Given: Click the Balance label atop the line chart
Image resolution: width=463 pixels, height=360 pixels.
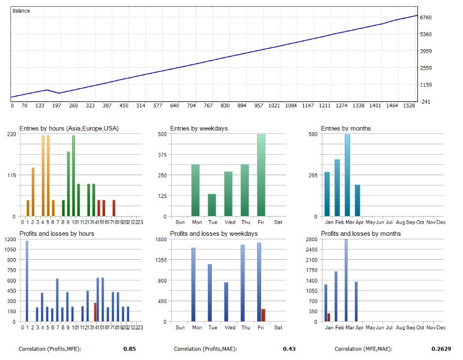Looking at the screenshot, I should tap(22, 11).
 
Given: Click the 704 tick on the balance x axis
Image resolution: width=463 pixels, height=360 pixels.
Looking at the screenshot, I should tap(192, 106).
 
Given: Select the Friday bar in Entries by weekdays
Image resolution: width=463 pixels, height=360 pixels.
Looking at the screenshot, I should tap(261, 175).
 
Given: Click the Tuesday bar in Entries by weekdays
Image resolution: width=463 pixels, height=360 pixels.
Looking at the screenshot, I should tap(211, 205).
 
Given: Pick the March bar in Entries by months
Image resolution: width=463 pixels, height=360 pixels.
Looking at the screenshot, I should tap(347, 175).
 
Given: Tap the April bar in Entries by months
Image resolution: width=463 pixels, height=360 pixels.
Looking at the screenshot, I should tap(358, 200).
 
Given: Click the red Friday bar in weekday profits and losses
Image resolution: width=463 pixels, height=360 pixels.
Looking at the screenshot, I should tap(263, 316).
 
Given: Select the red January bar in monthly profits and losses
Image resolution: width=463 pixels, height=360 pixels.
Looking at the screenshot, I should tap(328, 317).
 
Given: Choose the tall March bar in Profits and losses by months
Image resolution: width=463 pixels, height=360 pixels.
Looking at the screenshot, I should tap(346, 280).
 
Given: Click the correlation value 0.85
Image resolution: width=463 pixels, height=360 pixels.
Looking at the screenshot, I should tap(129, 349).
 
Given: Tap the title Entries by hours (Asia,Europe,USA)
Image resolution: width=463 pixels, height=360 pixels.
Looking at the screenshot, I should tap(67, 128).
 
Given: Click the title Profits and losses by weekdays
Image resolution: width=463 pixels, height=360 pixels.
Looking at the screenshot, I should tap(214, 233).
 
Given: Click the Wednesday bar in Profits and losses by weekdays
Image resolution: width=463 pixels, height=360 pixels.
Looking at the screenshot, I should tap(226, 302).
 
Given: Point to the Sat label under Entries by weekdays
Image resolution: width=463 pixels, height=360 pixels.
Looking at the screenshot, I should tap(278, 222).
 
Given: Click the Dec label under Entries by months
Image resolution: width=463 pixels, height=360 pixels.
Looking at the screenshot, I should tap(441, 222).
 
